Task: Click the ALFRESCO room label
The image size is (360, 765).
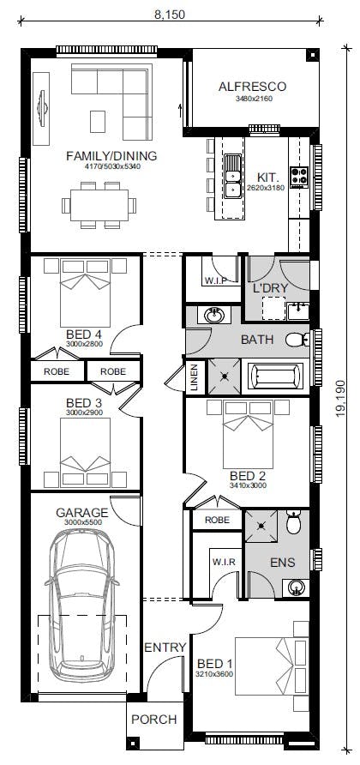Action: coord(252,87)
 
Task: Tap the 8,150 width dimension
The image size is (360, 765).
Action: coord(170,15)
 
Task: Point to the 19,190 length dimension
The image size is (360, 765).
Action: coord(340,398)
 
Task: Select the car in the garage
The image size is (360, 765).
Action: coord(82,601)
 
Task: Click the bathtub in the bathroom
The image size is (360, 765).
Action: coord(273,376)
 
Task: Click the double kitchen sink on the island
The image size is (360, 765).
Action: coord(232,176)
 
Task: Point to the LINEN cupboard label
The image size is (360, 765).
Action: coord(194,377)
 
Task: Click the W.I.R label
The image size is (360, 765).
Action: coord(224,562)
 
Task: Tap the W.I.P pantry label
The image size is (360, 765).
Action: coord(213,281)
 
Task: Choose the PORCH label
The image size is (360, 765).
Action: coord(154,720)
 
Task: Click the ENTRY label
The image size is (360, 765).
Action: coord(165,648)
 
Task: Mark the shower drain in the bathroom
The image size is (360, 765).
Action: coord(225,376)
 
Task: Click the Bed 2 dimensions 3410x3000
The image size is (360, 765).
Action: coord(248,485)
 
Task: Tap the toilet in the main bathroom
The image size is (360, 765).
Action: coord(296,340)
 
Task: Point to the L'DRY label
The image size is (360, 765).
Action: coord(270,288)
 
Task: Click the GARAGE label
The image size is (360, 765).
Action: coord(81,513)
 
